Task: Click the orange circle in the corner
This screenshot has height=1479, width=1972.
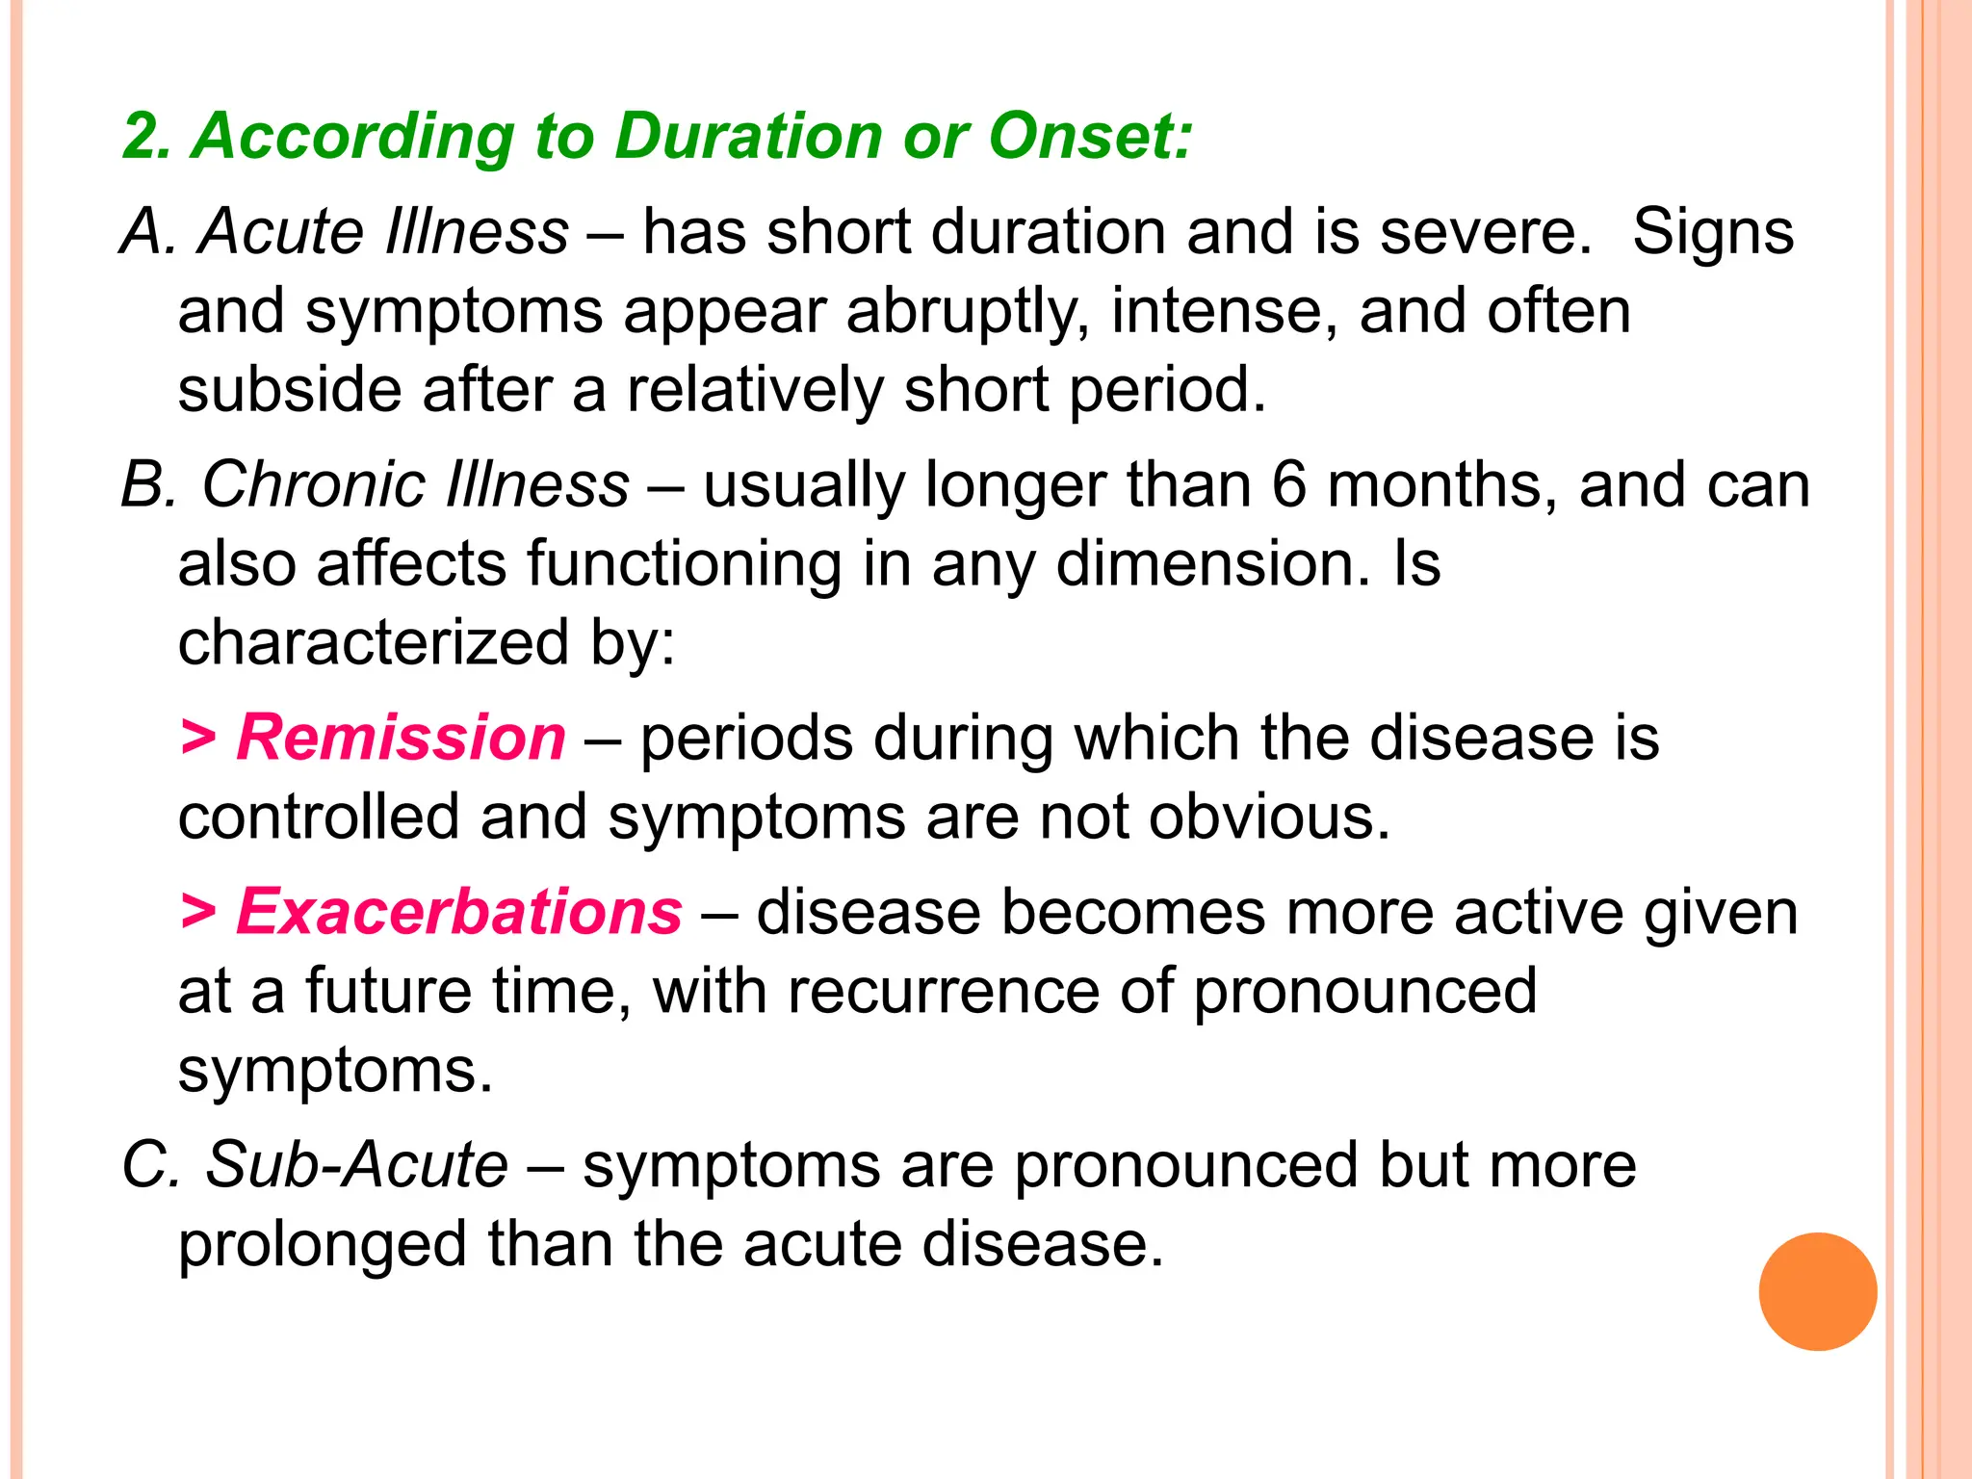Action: coord(1817,1291)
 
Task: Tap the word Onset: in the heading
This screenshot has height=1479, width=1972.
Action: coord(1090,136)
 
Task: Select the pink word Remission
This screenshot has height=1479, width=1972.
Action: coord(401,739)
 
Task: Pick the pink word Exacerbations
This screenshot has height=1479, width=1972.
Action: coord(459,912)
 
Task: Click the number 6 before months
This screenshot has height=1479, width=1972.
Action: coord(1288,484)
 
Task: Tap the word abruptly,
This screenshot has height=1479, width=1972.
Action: coord(969,313)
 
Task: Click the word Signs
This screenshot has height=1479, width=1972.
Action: coord(1713,233)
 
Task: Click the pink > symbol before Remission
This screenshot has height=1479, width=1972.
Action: coord(198,739)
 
